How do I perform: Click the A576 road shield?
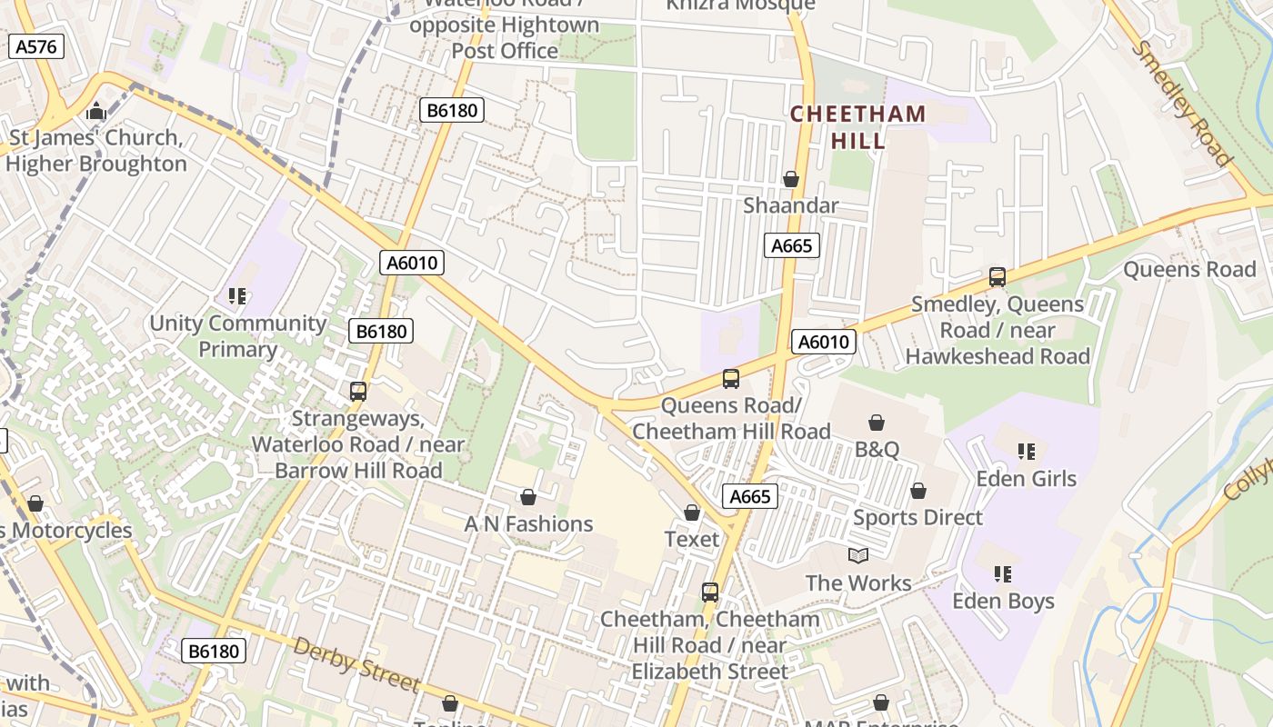(x=36, y=47)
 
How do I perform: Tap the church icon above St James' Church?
(x=95, y=113)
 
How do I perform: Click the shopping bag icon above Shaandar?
(x=791, y=179)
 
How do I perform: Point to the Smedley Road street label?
(x=1181, y=105)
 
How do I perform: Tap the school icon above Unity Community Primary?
(x=238, y=295)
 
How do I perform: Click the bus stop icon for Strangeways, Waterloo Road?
(x=358, y=392)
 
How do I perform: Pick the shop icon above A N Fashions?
(x=528, y=497)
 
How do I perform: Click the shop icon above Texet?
(x=692, y=513)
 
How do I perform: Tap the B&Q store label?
(x=877, y=449)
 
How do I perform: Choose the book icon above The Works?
(x=858, y=555)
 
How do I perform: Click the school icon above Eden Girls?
(x=1027, y=451)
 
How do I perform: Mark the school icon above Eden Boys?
(x=1003, y=573)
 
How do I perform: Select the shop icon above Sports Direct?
(x=918, y=491)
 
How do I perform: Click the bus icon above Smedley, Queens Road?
(x=997, y=277)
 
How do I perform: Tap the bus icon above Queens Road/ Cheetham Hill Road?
(x=731, y=379)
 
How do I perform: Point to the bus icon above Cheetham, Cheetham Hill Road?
(x=710, y=593)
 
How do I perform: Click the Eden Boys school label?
(x=1003, y=601)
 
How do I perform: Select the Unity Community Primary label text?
(x=238, y=336)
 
